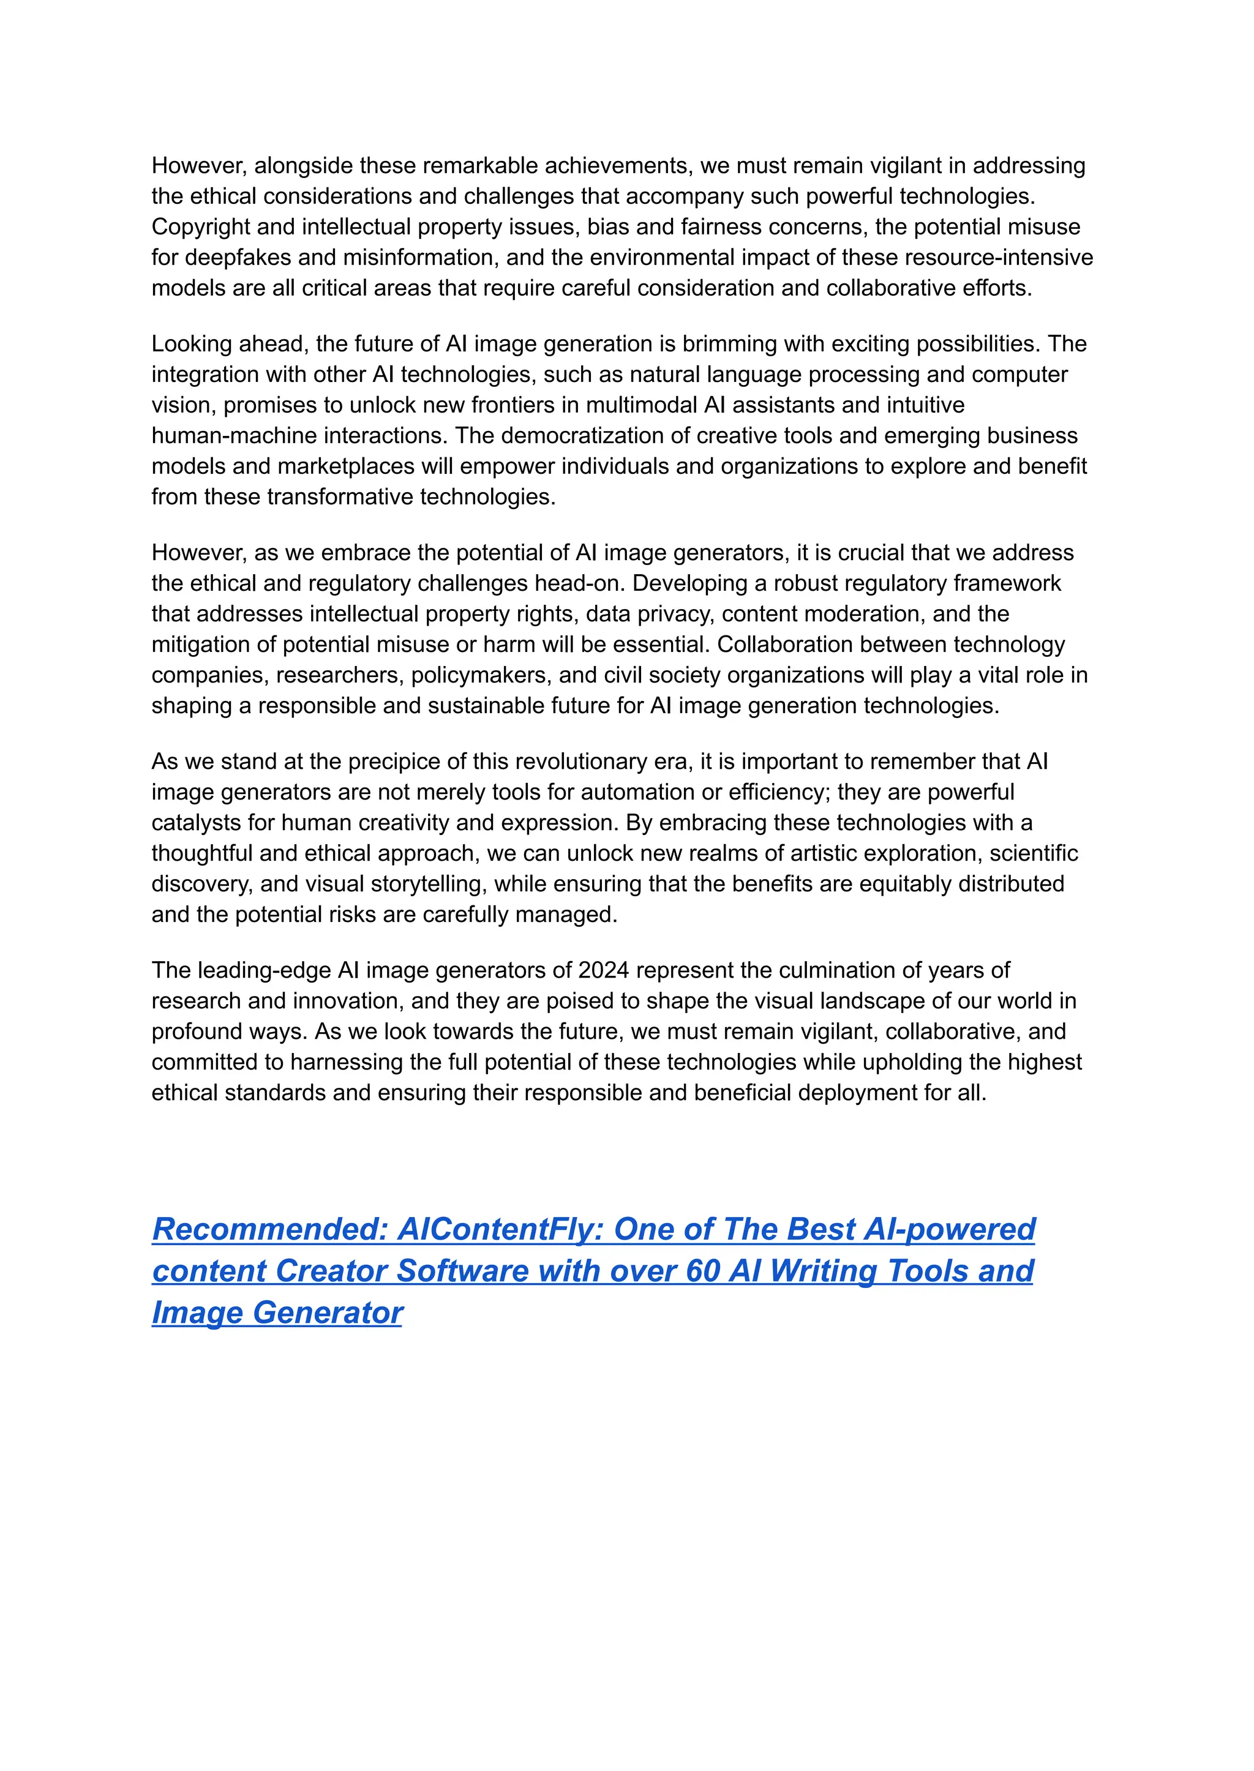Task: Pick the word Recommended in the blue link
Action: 269,1230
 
